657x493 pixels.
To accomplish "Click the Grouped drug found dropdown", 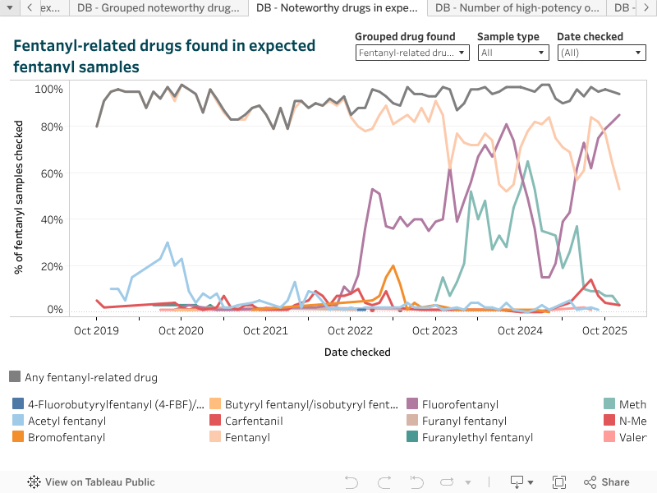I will point(412,53).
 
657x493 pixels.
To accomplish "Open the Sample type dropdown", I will point(513,53).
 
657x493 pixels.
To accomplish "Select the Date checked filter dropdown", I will point(602,53).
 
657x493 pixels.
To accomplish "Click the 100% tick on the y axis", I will point(48,89).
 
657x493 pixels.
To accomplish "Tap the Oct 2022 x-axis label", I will point(350,331).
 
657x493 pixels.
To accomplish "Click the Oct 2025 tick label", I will point(604,331).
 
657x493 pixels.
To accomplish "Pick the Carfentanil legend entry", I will point(255,421).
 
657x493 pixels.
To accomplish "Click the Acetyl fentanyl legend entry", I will point(67,421).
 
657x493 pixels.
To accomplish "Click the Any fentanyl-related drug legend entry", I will point(90,377).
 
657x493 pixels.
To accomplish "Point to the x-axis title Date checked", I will point(357,352).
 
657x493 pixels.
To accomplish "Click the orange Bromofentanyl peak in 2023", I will point(393,266).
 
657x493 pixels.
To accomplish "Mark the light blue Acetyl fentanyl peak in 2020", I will point(168,242).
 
